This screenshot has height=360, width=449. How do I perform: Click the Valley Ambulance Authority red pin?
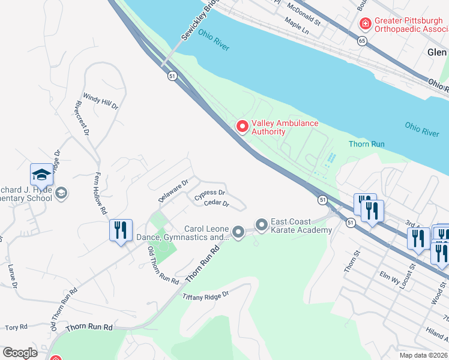click(x=243, y=127)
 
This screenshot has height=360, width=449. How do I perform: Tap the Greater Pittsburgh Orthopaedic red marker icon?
click(x=364, y=24)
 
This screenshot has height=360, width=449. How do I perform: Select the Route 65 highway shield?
click(x=361, y=41)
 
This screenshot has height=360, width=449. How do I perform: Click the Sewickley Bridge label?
click(x=199, y=21)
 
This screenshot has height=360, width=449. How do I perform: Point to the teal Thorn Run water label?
click(x=366, y=144)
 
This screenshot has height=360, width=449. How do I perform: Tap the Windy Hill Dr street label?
click(x=101, y=100)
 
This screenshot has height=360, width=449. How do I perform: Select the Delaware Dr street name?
click(x=174, y=189)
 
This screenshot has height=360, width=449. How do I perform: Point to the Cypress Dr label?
click(x=209, y=194)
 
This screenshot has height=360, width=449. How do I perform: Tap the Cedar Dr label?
click(x=217, y=204)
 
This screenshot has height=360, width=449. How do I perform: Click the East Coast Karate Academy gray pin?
click(x=262, y=225)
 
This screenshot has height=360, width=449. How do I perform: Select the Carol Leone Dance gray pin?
click(x=238, y=232)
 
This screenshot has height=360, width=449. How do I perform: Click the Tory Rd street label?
click(x=16, y=328)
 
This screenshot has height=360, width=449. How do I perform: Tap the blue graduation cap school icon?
click(x=41, y=175)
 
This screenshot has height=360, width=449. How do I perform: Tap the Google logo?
click(x=20, y=353)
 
